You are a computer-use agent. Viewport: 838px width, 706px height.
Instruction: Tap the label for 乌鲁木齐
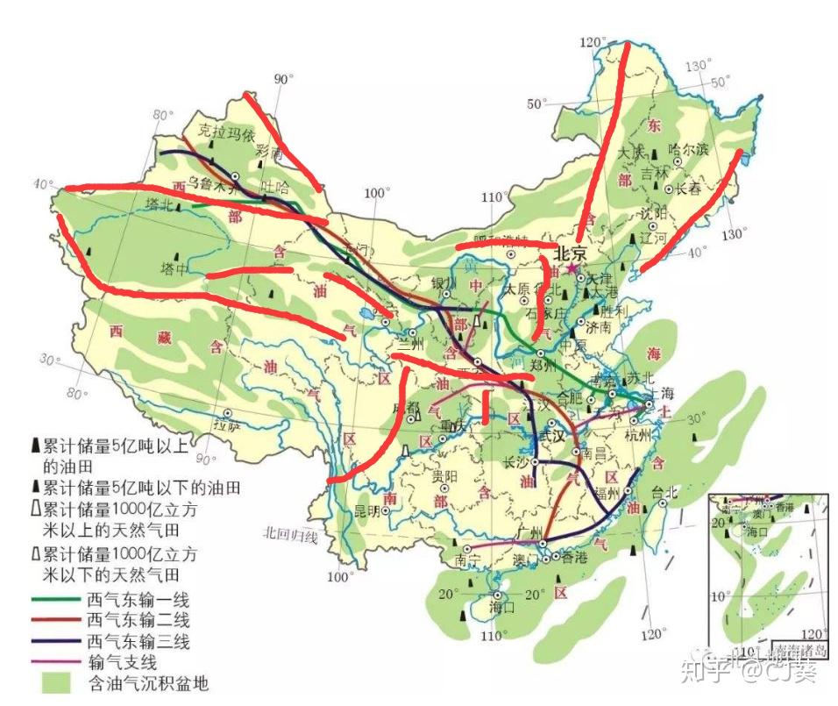[213, 185]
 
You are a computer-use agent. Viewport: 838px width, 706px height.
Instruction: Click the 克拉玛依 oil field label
[224, 135]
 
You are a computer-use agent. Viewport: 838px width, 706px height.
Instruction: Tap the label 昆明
[363, 510]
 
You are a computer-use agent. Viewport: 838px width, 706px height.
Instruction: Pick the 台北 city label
[665, 492]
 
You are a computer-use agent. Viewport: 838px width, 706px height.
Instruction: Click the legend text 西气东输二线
[138, 622]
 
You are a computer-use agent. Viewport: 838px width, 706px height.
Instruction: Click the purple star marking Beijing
[572, 267]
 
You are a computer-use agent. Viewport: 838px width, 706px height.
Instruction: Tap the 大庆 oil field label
[630, 153]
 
